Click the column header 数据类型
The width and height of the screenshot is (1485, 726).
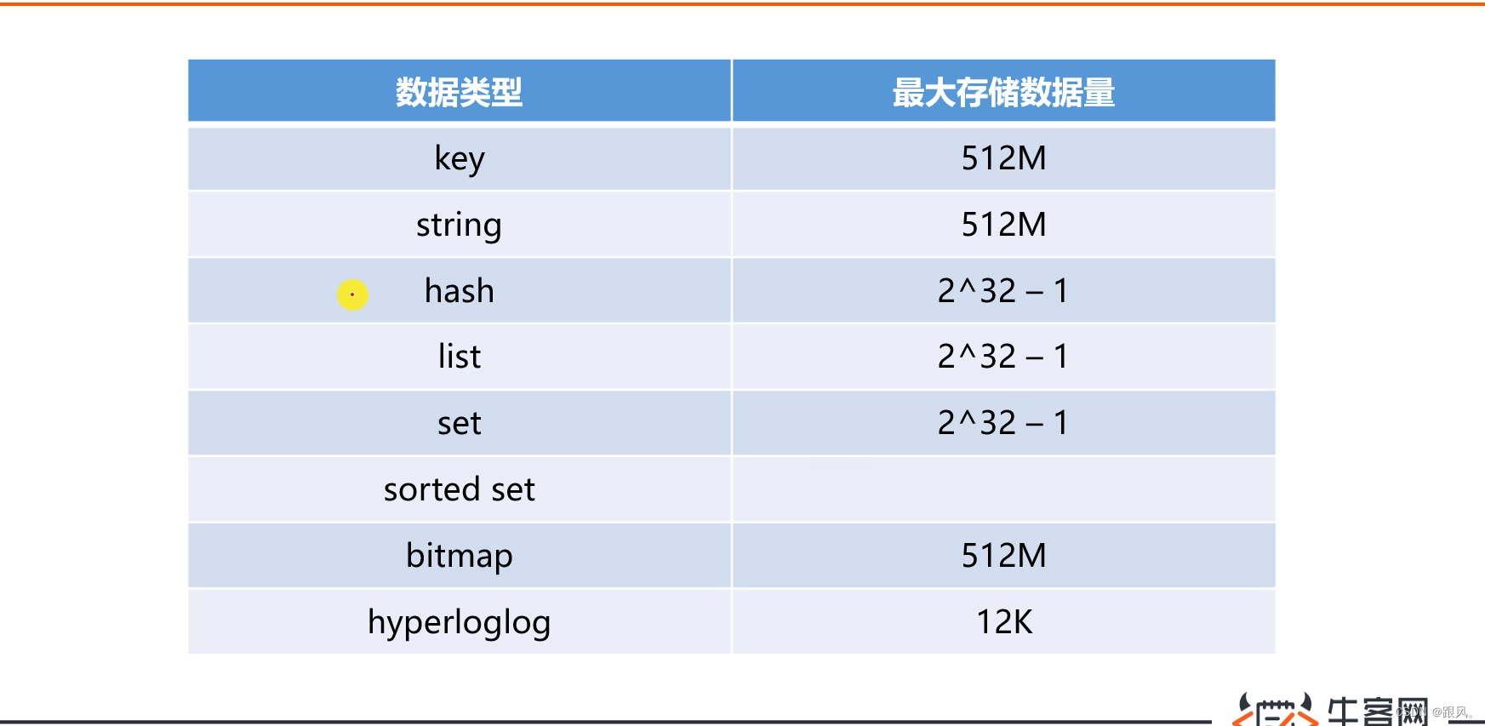coord(459,92)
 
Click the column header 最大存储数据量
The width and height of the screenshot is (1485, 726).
coord(1003,92)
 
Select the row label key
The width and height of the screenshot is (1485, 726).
coord(460,158)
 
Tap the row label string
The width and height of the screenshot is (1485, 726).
coord(459,225)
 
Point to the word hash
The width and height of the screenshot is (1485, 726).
coord(460,291)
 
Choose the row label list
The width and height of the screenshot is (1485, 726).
coord(460,357)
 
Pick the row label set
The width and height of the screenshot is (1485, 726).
coord(460,423)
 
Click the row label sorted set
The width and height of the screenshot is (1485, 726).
coord(460,489)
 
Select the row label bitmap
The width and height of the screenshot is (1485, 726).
coord(460,556)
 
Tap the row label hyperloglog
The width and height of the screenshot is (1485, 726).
coord(460,622)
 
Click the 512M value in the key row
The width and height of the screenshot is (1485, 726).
coord(1003,158)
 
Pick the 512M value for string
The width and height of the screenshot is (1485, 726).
coord(1003,225)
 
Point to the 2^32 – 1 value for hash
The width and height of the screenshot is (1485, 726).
coord(1003,291)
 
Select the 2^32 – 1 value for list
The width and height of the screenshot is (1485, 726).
coord(1003,357)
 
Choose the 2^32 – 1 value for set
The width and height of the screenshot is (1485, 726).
coord(1003,423)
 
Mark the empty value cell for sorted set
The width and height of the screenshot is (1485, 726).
coord(1003,489)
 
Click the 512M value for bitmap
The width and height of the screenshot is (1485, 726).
coord(1003,556)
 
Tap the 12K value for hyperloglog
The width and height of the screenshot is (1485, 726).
coord(1004,622)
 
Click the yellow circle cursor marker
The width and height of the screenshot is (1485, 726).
coord(352,294)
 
